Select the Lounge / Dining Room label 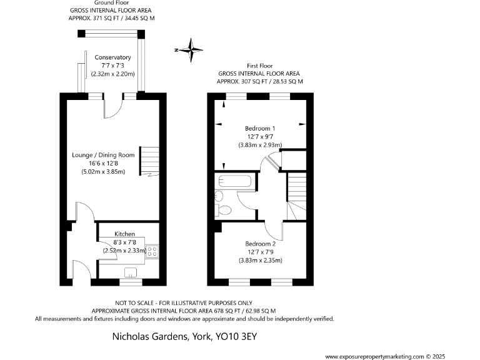tap(104, 155)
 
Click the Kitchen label tap(124, 234)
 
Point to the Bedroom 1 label tap(260, 128)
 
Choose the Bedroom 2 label tap(260, 244)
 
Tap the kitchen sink tap(131, 271)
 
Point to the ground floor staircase tap(149, 161)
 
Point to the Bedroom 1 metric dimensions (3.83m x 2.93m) tap(260, 145)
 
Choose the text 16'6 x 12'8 tap(104, 163)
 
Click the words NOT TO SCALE tap(134, 302)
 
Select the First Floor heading tap(260, 65)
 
